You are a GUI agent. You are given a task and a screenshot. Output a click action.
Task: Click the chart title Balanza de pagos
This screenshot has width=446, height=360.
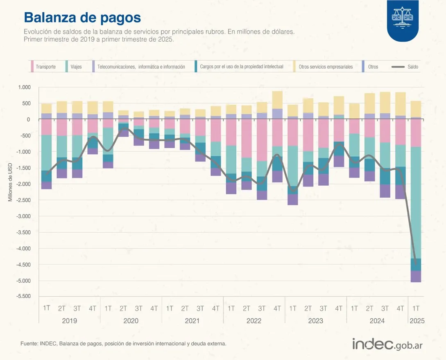[x=82, y=18]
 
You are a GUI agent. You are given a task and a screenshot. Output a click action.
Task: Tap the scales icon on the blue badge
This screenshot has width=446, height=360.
[x=403, y=18]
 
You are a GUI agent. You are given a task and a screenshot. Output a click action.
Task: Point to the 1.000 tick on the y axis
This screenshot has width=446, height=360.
[x=24, y=87]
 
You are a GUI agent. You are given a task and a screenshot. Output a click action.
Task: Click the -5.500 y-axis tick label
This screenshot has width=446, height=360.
[x=23, y=296]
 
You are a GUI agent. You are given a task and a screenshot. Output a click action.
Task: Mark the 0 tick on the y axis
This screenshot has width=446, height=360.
[x=28, y=119]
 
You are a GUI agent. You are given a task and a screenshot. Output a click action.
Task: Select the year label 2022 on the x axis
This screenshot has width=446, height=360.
[x=254, y=321]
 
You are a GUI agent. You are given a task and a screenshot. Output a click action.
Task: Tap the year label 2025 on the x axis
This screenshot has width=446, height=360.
[x=417, y=321]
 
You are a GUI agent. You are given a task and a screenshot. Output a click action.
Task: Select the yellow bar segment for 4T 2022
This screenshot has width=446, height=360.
[x=277, y=100]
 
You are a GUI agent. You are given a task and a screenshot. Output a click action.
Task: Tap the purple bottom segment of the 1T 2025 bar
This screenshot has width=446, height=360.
[x=416, y=277]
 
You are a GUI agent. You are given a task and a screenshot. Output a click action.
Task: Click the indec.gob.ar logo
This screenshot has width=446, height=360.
[x=387, y=344]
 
